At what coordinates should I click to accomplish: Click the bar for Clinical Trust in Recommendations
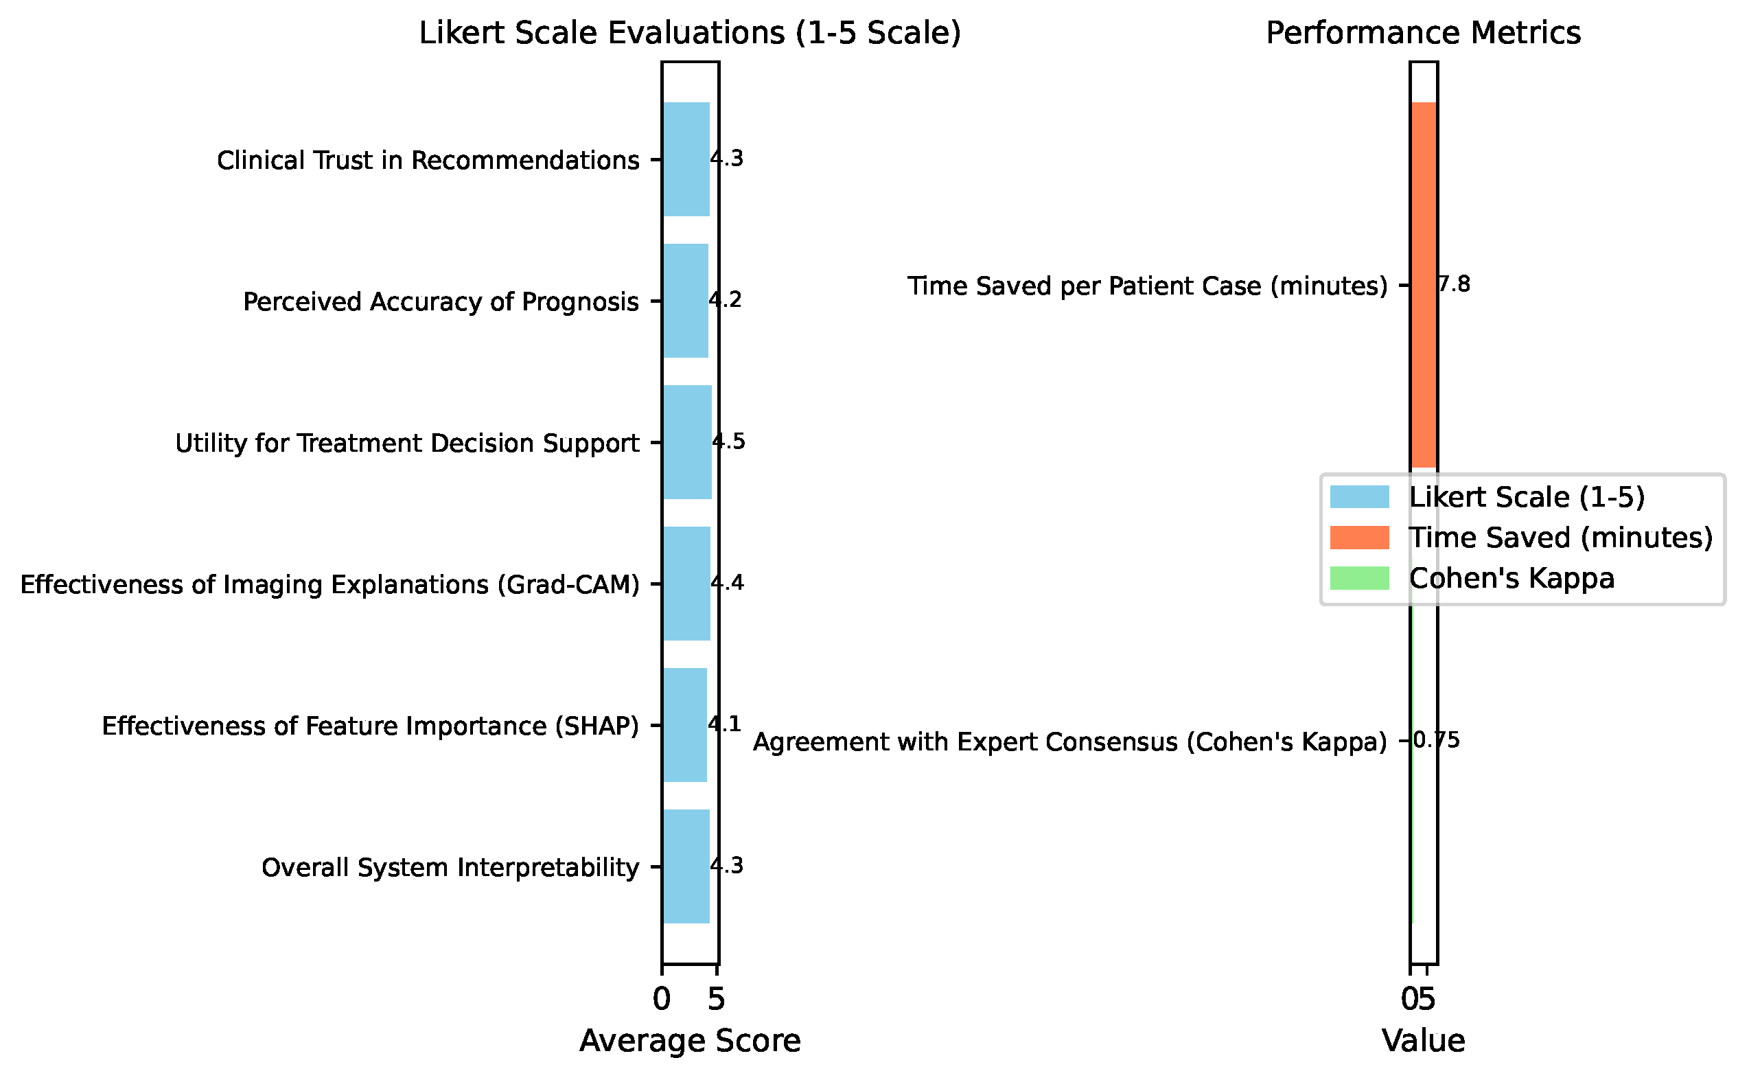(x=686, y=159)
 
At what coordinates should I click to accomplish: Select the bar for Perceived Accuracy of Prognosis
(x=686, y=301)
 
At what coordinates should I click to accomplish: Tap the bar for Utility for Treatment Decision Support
(x=688, y=442)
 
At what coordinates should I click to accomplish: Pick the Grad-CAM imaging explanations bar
(x=687, y=584)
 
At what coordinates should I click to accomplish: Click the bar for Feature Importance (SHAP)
(x=685, y=725)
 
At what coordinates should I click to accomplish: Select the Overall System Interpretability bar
(x=686, y=866)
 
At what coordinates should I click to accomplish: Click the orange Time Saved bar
(x=1424, y=285)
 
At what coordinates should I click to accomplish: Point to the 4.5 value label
(x=729, y=441)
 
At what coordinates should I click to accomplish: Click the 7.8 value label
(x=1454, y=284)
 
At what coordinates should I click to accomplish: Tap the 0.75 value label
(x=1436, y=740)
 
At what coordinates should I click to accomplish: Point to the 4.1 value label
(x=724, y=724)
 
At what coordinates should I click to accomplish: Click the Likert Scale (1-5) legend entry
(x=1487, y=497)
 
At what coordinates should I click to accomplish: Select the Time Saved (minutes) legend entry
(x=1521, y=538)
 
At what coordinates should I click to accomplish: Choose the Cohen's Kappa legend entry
(x=1472, y=579)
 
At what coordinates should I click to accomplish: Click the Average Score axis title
(x=690, y=1041)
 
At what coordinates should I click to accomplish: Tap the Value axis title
(x=1423, y=1041)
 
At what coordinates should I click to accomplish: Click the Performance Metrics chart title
(x=1423, y=33)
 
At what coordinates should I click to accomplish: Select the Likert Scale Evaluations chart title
(x=690, y=34)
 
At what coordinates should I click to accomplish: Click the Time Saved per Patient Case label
(x=1147, y=286)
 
